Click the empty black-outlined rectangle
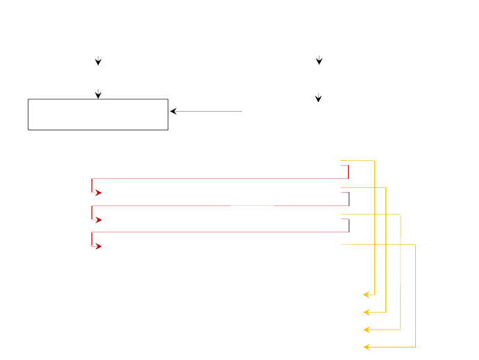98,114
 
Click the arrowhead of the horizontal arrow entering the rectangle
173,111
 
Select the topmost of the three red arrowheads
99,193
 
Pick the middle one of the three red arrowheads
99,220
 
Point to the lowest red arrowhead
99,246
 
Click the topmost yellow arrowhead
366,295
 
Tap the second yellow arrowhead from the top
366,313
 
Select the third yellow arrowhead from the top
366,329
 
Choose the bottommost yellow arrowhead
366,346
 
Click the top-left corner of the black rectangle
28,99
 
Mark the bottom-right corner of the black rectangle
168,130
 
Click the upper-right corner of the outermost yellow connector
415,244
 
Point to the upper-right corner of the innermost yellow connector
375,161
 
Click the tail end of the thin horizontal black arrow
242,111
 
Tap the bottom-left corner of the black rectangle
28,130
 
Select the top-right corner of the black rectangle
168,99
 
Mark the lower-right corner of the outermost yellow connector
415,346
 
